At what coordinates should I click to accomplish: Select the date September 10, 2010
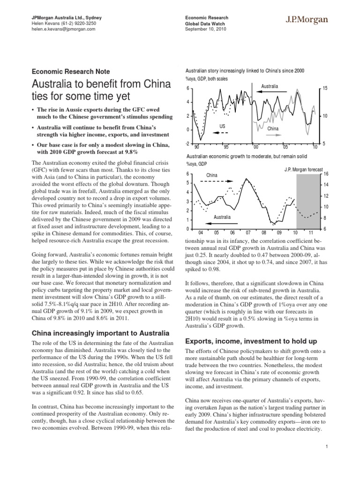(x=207, y=29)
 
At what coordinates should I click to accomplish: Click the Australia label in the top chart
(x=270, y=86)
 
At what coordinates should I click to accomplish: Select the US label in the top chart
(x=223, y=126)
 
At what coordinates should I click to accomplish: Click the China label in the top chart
(x=273, y=128)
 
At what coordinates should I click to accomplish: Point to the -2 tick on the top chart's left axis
(x=187, y=143)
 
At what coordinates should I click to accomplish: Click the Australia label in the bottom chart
(x=223, y=217)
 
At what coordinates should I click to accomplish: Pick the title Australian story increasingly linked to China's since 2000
(x=245, y=71)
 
